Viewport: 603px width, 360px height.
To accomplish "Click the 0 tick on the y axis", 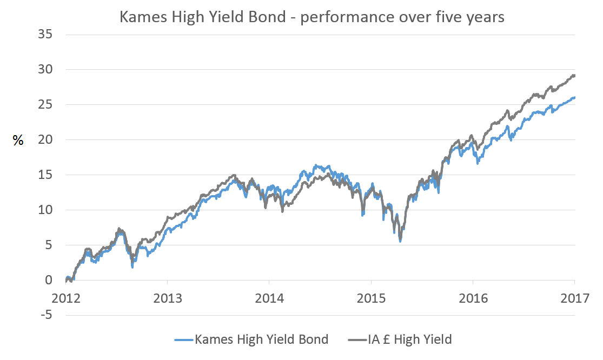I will point(49,280).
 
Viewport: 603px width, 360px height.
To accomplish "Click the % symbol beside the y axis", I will point(18,141).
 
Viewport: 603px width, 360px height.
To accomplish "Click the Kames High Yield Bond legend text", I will point(261,339).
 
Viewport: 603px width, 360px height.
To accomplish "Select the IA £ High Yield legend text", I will point(409,339).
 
